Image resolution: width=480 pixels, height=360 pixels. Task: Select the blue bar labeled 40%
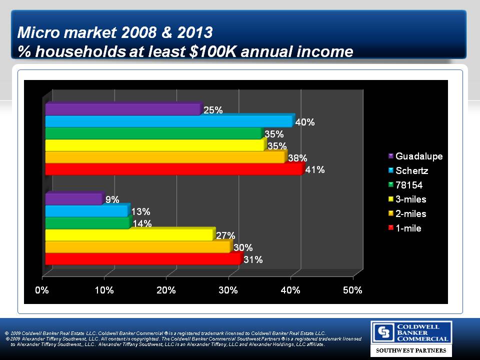click(169, 121)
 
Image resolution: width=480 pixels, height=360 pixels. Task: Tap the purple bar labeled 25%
click(122, 109)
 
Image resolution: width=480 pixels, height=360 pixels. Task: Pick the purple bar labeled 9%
click(74, 199)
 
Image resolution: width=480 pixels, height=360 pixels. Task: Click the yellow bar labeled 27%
click(129, 235)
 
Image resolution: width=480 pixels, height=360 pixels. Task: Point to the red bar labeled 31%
click(142, 259)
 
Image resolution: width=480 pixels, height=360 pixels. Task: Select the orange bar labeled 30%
click(138, 247)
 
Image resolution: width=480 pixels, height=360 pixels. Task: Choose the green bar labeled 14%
click(87, 223)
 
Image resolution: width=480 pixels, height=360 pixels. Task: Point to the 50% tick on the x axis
click(352, 290)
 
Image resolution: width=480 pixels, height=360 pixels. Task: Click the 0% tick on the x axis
click(41, 290)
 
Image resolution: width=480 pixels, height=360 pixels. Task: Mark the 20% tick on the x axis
click(166, 290)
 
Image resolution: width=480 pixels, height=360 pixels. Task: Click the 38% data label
click(297, 158)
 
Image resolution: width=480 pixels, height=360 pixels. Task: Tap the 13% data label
click(140, 212)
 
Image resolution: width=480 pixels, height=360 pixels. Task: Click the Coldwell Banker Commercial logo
click(411, 332)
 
